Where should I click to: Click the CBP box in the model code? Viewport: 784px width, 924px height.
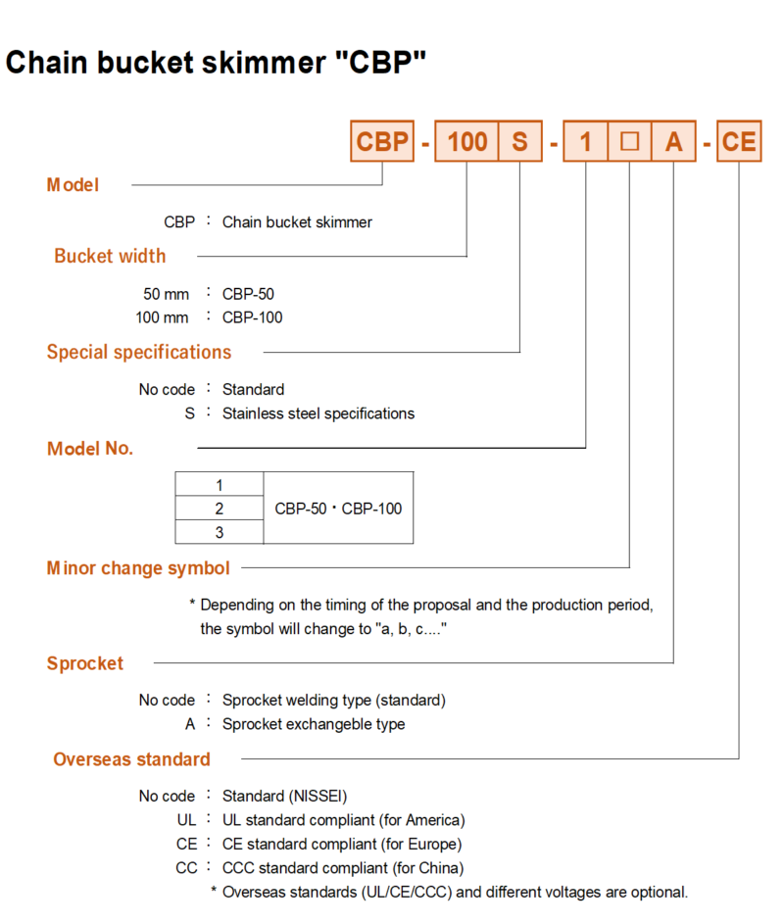(x=382, y=141)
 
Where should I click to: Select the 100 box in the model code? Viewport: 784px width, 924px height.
(x=466, y=141)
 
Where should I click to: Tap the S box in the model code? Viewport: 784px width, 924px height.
(x=520, y=141)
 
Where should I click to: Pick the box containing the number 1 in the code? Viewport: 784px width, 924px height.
(x=585, y=141)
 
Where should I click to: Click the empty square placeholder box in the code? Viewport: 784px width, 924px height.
(x=629, y=141)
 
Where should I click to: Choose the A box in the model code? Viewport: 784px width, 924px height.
(x=674, y=141)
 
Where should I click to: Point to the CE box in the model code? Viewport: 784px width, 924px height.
(x=739, y=141)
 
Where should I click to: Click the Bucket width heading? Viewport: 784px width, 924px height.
(x=110, y=257)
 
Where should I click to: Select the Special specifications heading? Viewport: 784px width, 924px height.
(x=139, y=353)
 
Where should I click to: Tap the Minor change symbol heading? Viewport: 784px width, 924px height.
(x=138, y=568)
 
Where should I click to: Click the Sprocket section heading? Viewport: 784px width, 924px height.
(x=85, y=663)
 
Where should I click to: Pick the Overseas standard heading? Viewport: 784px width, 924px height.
(x=132, y=759)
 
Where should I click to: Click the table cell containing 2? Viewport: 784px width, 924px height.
(x=220, y=508)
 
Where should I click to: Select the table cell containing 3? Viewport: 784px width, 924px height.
(x=220, y=532)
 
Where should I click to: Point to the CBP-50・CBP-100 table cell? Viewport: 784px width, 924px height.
(x=338, y=508)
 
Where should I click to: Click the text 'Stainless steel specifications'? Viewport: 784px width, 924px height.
(x=318, y=413)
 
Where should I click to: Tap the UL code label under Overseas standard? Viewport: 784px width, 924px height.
(x=186, y=820)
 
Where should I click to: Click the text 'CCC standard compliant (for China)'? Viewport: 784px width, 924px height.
(x=343, y=868)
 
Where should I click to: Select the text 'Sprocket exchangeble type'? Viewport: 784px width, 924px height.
(x=314, y=724)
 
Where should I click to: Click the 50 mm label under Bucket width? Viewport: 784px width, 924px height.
(x=167, y=294)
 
